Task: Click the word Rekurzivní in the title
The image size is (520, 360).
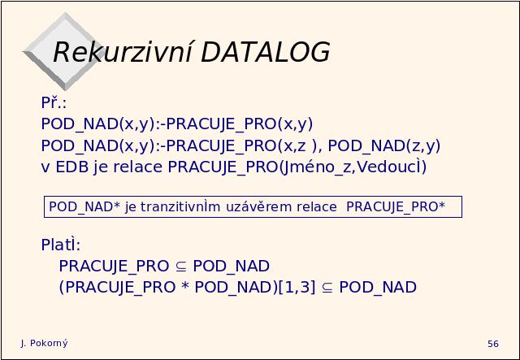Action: pyautogui.click(x=123, y=52)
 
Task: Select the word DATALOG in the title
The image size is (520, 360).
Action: pyautogui.click(x=266, y=52)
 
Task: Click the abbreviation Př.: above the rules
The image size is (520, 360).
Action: pyautogui.click(x=54, y=102)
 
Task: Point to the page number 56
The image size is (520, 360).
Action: pyautogui.click(x=493, y=344)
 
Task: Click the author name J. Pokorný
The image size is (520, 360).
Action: pyautogui.click(x=44, y=343)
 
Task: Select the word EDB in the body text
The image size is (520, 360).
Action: pyautogui.click(x=72, y=167)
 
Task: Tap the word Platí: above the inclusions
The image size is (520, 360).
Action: pyautogui.click(x=61, y=245)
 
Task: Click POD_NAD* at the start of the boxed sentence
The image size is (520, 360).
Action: pyautogui.click(x=84, y=206)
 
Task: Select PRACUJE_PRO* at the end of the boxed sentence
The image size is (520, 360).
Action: pyautogui.click(x=396, y=206)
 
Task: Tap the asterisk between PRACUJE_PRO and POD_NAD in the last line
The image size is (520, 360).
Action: pyautogui.click(x=185, y=286)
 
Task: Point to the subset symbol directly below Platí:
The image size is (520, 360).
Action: pyautogui.click(x=180, y=267)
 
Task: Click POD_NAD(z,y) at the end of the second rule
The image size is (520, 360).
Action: pyautogui.click(x=384, y=146)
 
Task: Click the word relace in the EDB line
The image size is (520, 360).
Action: pyautogui.click(x=137, y=167)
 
